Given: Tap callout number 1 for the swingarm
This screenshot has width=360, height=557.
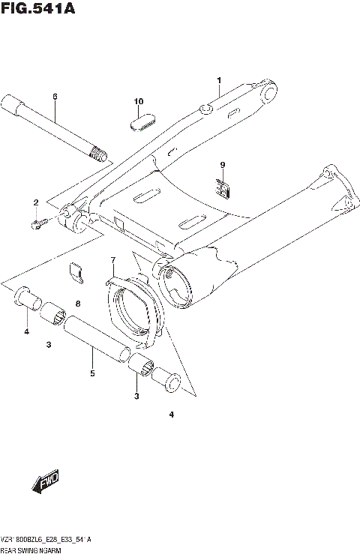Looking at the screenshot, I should (219, 81).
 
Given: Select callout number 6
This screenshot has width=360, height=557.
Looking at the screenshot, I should (55, 97).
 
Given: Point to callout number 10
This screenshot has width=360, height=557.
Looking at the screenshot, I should (138, 101).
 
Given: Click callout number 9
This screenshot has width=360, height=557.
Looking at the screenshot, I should (222, 164).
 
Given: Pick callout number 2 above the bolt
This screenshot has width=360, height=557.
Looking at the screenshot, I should (35, 203).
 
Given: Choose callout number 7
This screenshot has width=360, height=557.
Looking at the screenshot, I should (113, 260).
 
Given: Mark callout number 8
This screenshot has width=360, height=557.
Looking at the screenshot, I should (77, 303).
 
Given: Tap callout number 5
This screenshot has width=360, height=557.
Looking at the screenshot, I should (92, 373).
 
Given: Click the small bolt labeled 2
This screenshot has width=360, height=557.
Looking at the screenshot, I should (40, 223).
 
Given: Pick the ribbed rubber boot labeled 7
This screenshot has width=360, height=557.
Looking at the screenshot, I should (135, 310).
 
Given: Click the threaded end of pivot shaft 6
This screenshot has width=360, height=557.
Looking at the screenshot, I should (96, 156).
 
